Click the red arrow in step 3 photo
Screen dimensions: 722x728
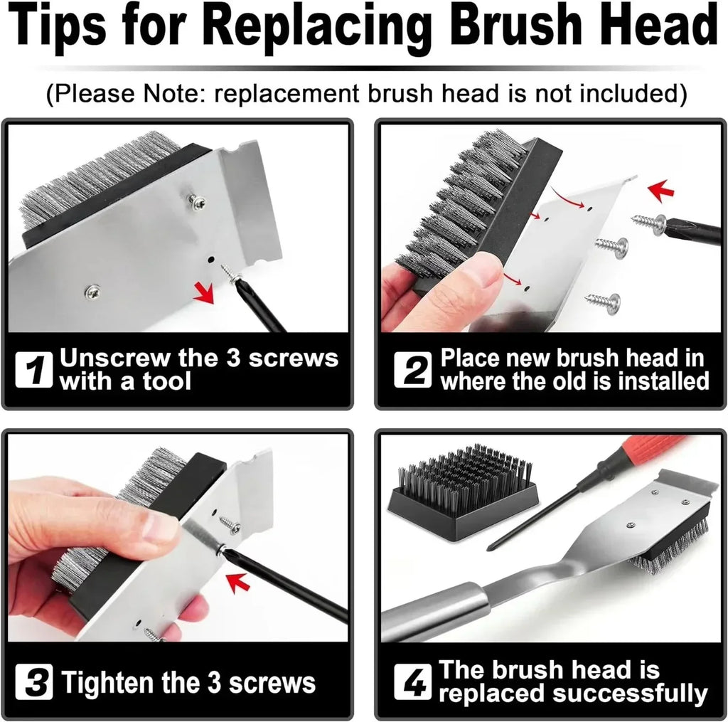240,584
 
